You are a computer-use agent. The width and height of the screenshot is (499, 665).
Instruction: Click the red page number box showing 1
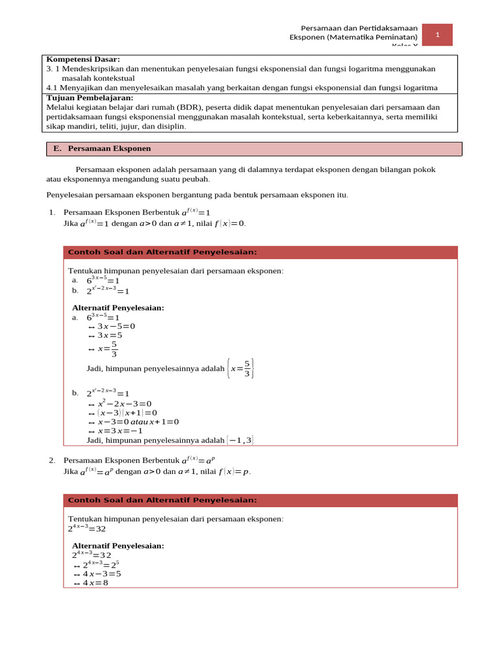click(437, 35)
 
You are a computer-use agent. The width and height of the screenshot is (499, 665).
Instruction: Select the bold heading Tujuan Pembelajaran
click(90, 97)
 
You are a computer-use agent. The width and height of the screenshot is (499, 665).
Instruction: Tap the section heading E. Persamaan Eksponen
click(103, 149)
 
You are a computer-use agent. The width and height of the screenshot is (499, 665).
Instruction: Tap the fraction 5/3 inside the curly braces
click(247, 368)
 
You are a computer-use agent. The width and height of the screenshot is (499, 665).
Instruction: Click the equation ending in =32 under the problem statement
click(87, 529)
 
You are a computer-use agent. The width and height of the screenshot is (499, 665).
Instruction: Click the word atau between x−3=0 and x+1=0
click(139, 421)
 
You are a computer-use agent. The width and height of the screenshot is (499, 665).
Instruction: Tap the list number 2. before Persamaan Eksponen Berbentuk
click(52, 460)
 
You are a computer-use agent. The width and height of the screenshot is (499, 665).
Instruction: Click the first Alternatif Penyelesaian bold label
click(118, 308)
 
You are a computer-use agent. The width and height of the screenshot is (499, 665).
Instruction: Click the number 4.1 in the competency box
click(53, 88)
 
